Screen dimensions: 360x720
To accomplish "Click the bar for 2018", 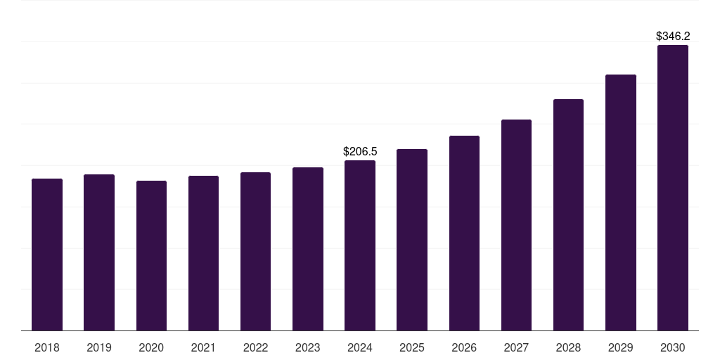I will click(x=47, y=255).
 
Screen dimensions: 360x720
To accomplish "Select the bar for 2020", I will click(x=151, y=255).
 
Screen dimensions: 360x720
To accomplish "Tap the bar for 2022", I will click(x=255, y=251).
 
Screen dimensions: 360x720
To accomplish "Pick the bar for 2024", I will click(x=360, y=245).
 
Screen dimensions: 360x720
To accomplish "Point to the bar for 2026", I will click(x=464, y=233).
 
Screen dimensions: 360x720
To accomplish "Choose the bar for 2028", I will click(x=568, y=214).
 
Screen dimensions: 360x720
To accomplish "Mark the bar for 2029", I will click(x=620, y=202).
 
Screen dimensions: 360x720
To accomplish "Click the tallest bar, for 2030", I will click(x=673, y=188).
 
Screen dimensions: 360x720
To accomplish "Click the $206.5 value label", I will click(x=360, y=151).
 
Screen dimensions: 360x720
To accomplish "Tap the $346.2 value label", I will click(x=673, y=36).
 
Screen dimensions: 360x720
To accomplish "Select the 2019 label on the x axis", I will click(x=99, y=348).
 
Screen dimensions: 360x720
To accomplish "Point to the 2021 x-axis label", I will click(x=203, y=348).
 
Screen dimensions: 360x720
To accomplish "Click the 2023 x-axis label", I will click(x=307, y=348).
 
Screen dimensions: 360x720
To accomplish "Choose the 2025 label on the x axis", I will click(x=412, y=348).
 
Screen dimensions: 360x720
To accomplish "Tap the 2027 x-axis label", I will click(x=516, y=348).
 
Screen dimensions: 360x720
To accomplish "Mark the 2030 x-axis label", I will click(x=673, y=348).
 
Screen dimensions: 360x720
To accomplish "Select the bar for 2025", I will click(x=412, y=240).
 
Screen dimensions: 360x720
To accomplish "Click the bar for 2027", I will click(x=516, y=225).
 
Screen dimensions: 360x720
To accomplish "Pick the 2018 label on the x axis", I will click(x=47, y=348).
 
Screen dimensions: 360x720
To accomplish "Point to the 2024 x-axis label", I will click(x=360, y=348).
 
